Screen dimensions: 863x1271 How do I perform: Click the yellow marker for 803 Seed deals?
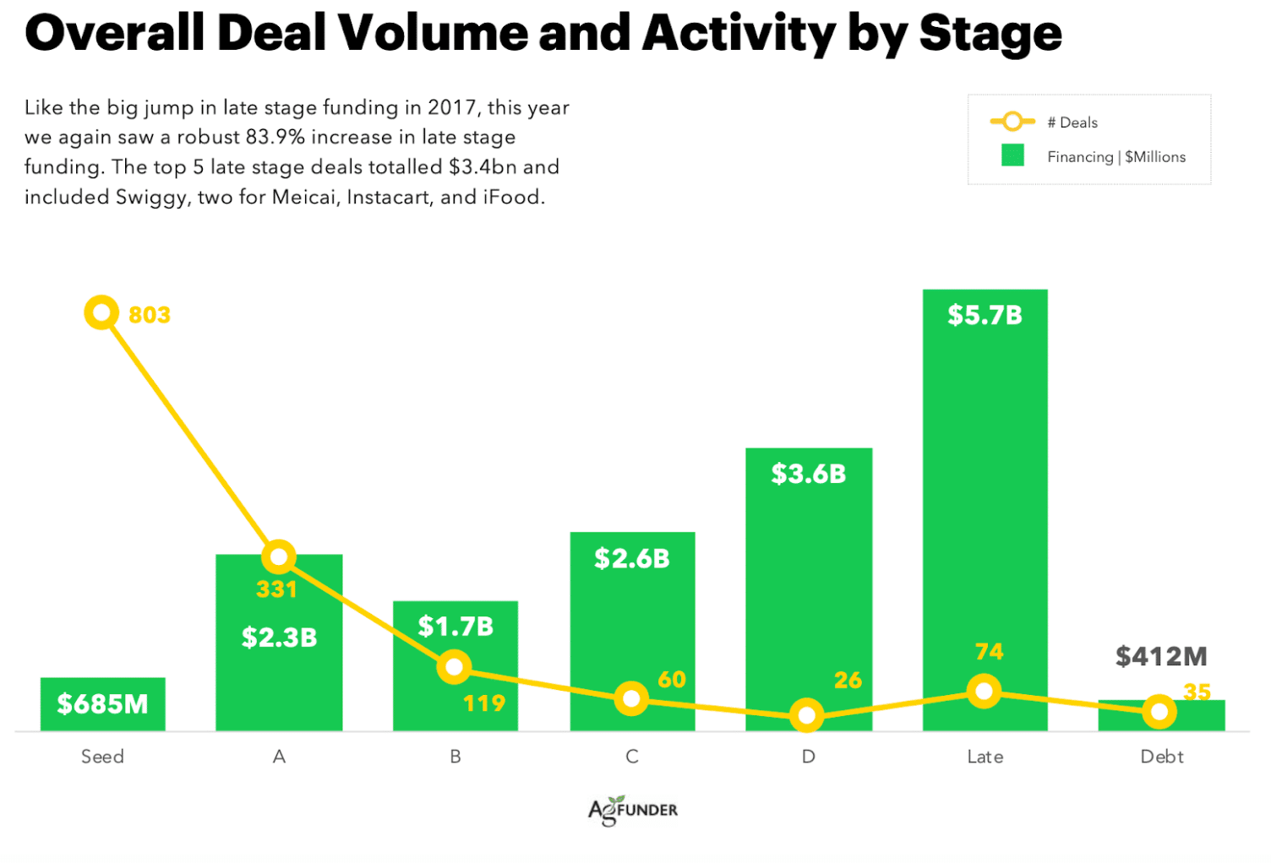[x=101, y=313]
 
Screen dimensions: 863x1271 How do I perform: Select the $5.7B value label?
[x=985, y=315]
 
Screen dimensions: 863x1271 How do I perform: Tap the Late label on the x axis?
[x=985, y=757]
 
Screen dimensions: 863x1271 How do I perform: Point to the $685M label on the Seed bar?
[x=102, y=703]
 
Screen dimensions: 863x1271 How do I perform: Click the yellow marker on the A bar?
[x=279, y=557]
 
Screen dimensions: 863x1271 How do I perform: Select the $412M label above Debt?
[x=1161, y=656]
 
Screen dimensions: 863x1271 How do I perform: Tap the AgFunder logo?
[x=633, y=810]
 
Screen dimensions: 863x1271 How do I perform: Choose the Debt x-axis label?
[x=1161, y=757]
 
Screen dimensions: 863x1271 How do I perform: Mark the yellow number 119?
[x=484, y=703]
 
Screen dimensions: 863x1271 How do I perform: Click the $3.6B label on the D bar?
[x=808, y=474]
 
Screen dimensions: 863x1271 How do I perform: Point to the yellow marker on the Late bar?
[x=984, y=692]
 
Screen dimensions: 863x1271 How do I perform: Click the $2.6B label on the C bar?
[x=631, y=558]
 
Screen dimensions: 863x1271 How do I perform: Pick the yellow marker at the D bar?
[x=807, y=716]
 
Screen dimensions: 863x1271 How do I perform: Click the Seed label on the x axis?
[x=102, y=757]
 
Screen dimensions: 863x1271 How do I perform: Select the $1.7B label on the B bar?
[x=455, y=627]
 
